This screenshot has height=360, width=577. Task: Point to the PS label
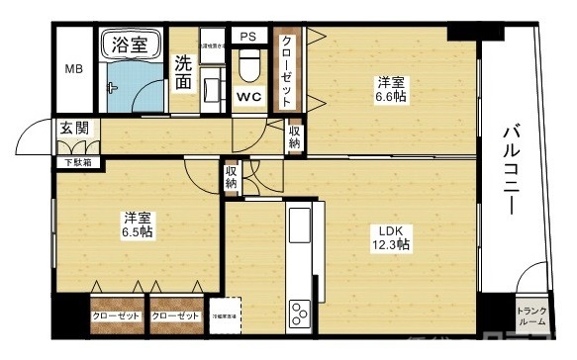[248, 37]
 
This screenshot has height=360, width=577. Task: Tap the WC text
[248, 97]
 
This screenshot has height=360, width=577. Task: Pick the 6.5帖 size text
[138, 232]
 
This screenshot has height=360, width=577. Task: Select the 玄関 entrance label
[72, 130]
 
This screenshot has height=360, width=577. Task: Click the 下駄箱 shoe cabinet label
[73, 161]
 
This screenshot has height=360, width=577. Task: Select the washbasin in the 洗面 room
[211, 89]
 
